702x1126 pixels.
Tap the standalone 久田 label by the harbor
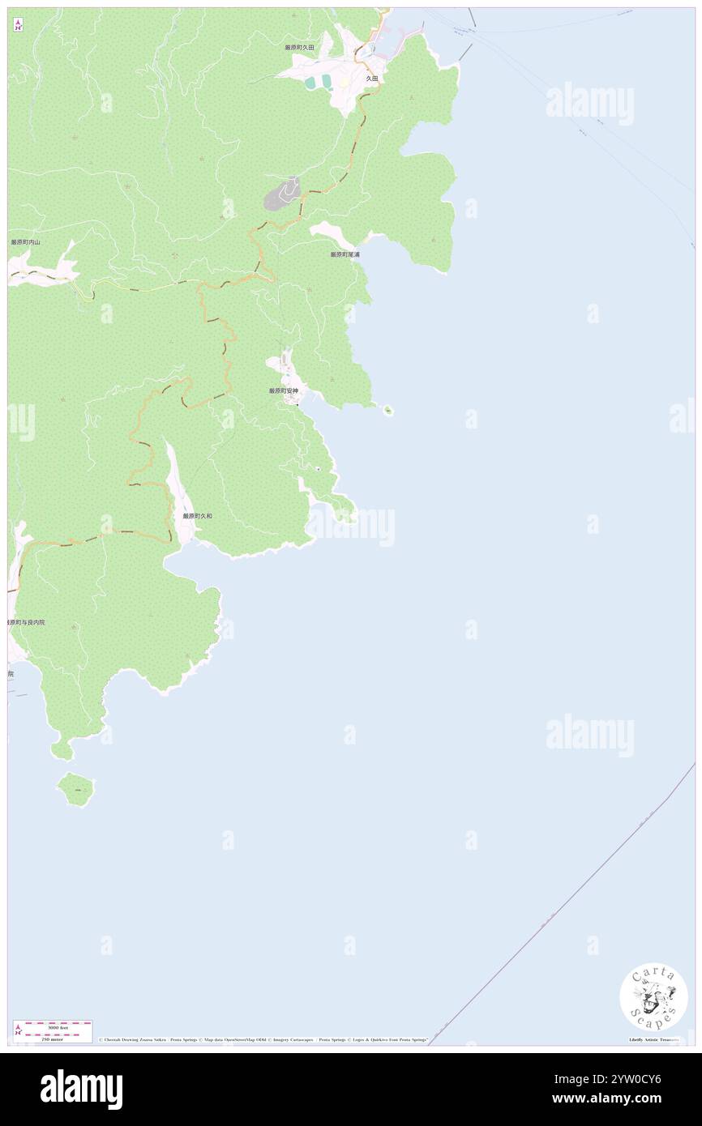(371, 79)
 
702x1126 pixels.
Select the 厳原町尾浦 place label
(345, 254)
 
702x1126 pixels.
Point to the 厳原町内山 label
(25, 242)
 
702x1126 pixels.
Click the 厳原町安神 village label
(284, 390)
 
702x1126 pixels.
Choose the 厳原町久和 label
(197, 515)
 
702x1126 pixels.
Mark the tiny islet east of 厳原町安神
(387, 410)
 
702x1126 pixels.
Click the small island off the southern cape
(76, 788)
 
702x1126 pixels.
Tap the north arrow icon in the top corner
(18, 24)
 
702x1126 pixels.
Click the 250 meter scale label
(53, 1039)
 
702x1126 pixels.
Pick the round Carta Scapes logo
(653, 996)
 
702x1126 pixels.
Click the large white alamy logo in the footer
(81, 1089)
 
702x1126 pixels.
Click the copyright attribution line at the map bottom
(263, 1039)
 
